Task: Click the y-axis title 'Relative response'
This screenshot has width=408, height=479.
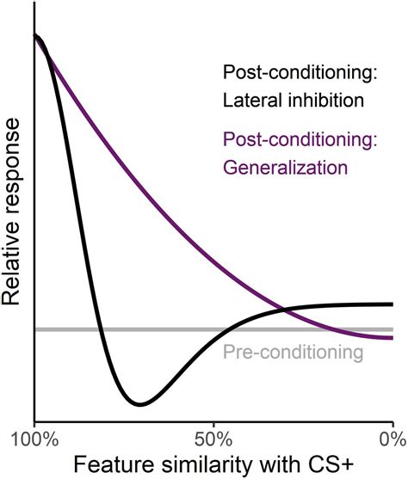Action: tap(15, 212)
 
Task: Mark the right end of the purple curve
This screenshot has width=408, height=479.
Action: tap(393, 338)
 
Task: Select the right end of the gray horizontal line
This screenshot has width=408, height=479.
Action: tap(393, 329)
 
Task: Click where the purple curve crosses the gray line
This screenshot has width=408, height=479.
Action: tap(323, 329)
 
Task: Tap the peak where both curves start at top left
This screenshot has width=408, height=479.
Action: tap(36, 36)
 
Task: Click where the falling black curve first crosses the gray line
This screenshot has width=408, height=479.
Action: tap(100, 329)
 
